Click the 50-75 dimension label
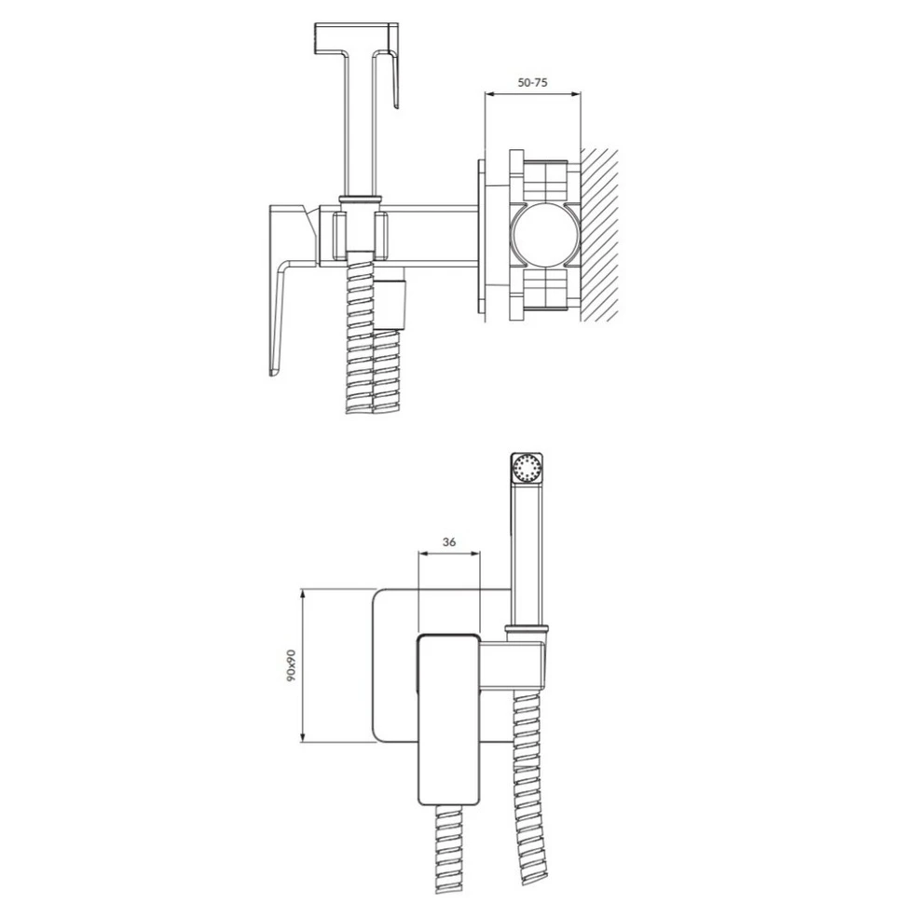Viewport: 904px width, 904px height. pyautogui.click(x=532, y=82)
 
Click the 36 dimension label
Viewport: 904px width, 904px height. pyautogui.click(x=449, y=542)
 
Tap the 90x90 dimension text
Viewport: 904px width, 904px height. pyautogui.click(x=292, y=666)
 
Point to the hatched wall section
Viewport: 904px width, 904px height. pyautogui.click(x=599, y=235)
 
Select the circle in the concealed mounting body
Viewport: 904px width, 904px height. pyautogui.click(x=545, y=235)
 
